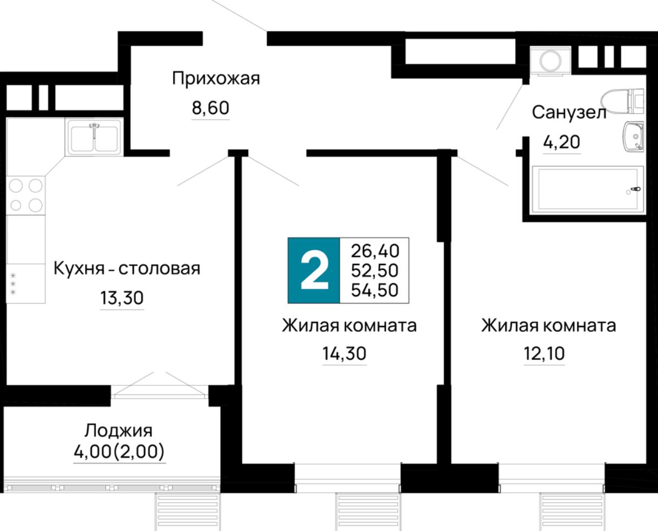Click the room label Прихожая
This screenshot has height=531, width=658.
coord(216,79)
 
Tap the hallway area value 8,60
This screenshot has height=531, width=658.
coord(210,108)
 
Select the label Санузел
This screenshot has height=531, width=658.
coord(569,112)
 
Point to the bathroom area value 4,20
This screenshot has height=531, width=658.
coord(561,142)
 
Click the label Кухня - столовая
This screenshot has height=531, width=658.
coord(127,268)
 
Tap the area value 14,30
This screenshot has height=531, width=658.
coord(344,353)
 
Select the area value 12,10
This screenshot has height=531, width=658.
coord(544,353)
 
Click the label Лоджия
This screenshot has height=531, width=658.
coord(119,431)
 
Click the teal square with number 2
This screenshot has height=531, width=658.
coord(314,270)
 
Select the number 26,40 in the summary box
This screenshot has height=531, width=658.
coord(375,251)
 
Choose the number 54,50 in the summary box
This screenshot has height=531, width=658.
coord(375,290)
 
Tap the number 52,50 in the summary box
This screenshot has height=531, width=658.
coord(375,270)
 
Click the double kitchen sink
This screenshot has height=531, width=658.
coord(95,137)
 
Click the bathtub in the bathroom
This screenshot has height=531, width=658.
coord(587,189)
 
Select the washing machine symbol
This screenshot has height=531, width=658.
coord(550,60)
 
